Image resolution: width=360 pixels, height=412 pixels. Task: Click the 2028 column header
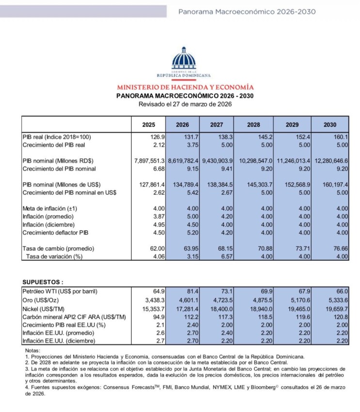point(253,125)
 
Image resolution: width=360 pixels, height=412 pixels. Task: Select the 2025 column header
point(148,125)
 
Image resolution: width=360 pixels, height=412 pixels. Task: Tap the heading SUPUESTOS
point(43,282)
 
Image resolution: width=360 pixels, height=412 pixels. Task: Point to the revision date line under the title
point(185,104)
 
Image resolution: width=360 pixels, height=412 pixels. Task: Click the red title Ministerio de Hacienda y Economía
point(185,87)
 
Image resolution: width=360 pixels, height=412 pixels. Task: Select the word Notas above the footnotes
point(32,350)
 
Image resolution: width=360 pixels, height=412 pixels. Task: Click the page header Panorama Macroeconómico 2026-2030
point(247,11)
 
